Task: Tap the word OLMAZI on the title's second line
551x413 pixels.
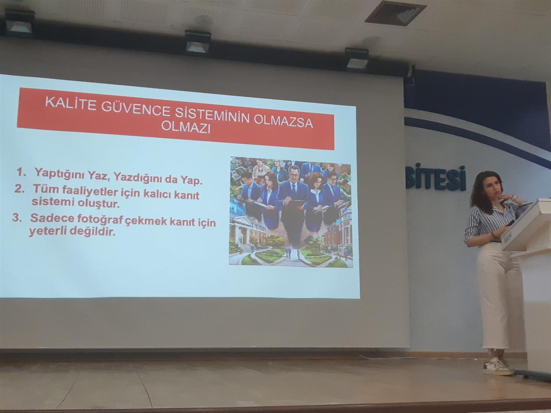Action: click(x=186, y=128)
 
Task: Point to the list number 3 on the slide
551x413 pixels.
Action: click(x=16, y=218)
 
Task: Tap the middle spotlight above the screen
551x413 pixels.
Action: click(x=198, y=42)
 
